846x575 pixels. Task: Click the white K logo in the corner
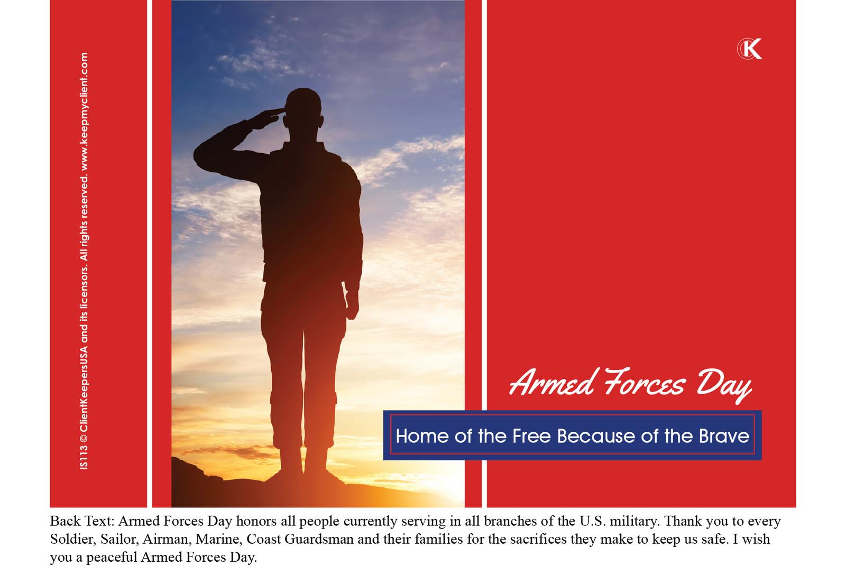coord(750,48)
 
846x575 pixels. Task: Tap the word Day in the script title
coord(724,385)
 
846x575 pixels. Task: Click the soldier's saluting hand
coord(268,117)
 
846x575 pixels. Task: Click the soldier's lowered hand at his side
coord(352,304)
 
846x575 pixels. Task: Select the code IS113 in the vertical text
coord(84,458)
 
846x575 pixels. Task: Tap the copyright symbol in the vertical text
coord(84,438)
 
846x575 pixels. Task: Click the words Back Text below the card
coord(82,522)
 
